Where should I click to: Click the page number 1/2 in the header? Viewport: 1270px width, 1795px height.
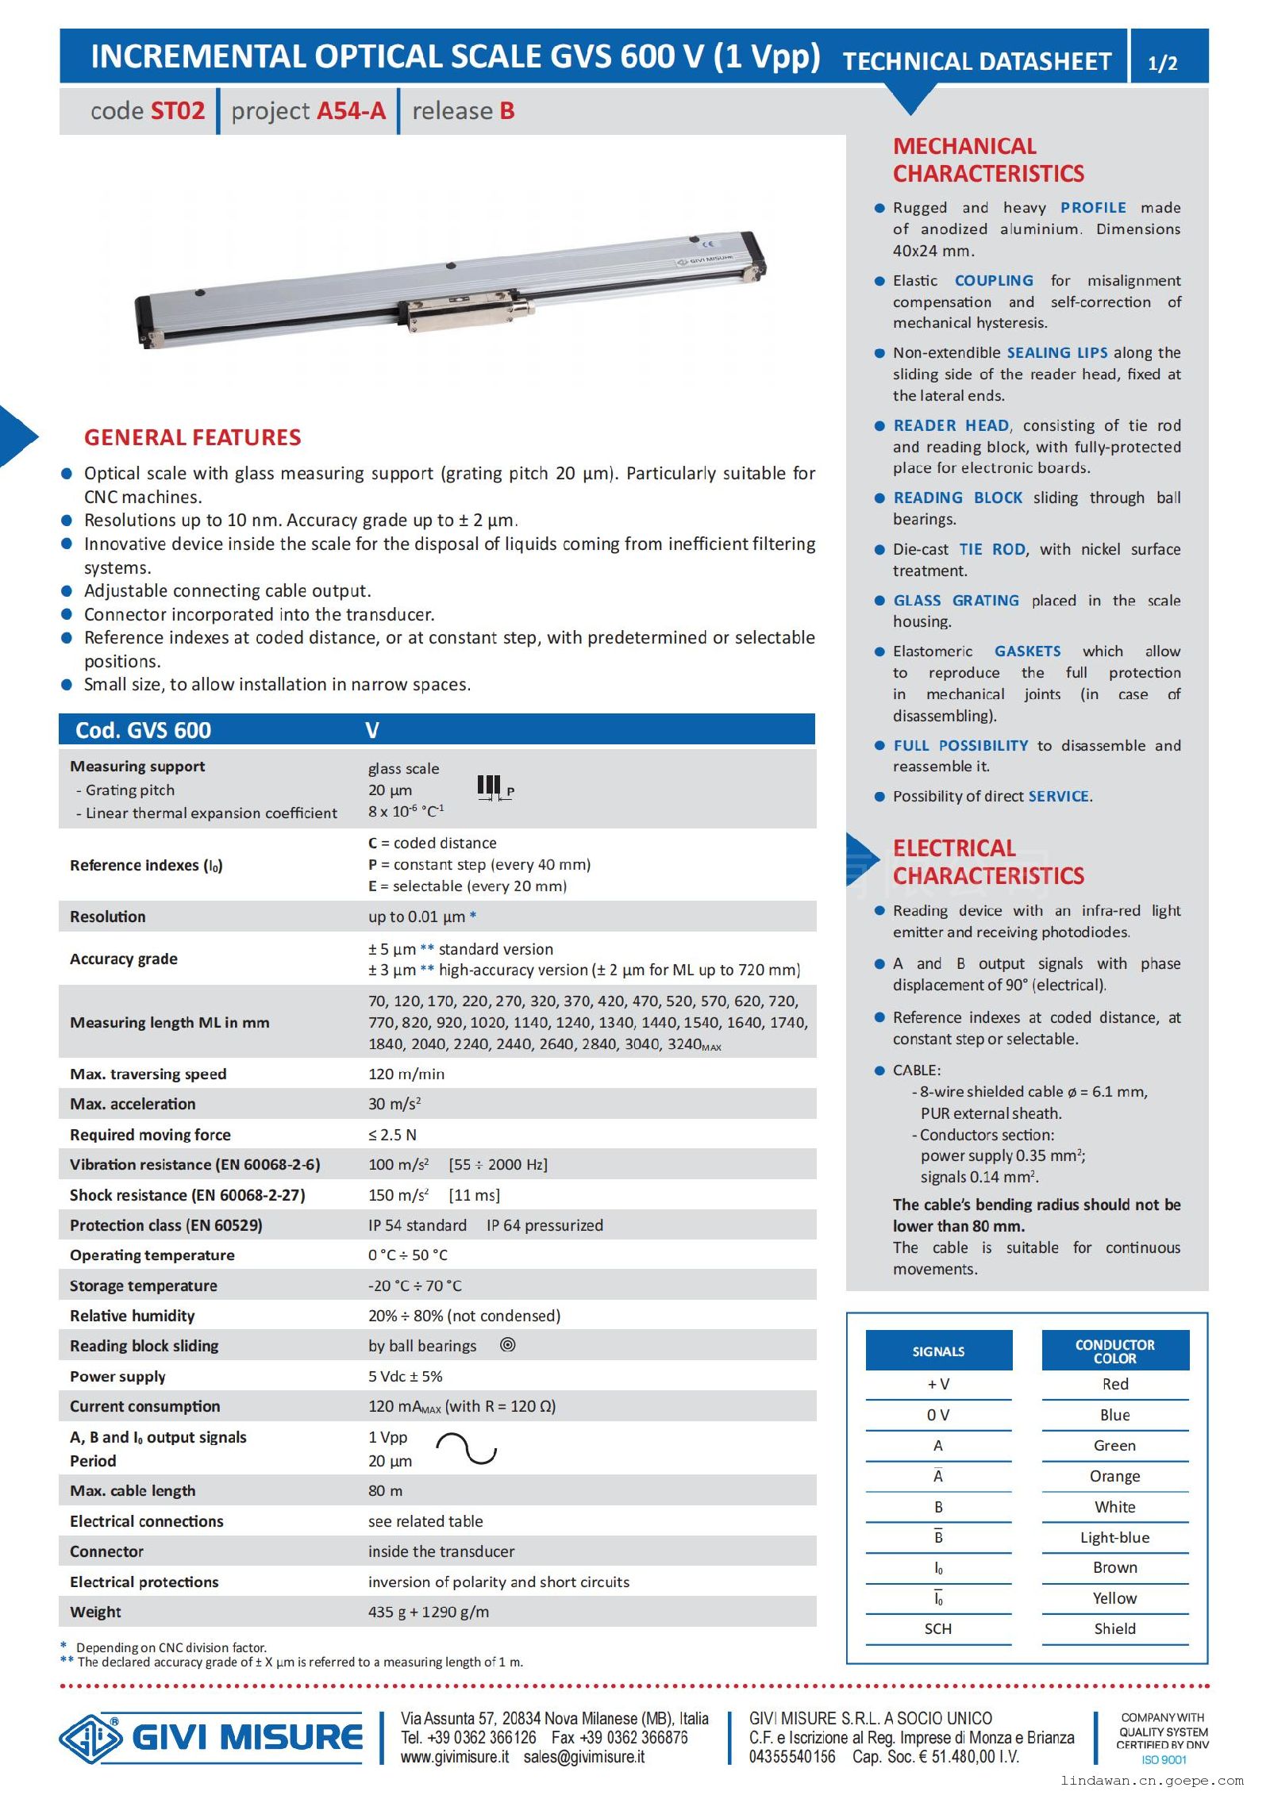coord(1162,63)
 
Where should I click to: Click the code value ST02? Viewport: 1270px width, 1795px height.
coord(178,111)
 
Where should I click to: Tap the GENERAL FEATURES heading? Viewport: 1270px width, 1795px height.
coord(192,437)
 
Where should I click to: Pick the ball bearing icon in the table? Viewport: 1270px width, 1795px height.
coord(508,1345)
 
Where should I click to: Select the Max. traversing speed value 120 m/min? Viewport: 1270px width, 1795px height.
coord(406,1074)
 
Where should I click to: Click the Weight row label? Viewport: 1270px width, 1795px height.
coord(95,1612)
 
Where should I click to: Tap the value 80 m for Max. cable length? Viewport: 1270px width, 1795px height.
coord(385,1491)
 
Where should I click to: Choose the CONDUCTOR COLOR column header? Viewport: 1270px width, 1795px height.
coord(1114,1351)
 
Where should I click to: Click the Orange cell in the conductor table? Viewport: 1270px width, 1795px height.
coord(1114,1476)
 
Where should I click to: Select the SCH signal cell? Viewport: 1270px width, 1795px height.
coord(937,1629)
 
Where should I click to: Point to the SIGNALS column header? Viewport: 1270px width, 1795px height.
coord(938,1351)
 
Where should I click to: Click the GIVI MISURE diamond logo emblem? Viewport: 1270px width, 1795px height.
coord(90,1738)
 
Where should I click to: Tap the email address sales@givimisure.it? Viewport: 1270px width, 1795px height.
coord(583,1757)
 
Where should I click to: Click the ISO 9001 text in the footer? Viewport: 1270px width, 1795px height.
coord(1163,1760)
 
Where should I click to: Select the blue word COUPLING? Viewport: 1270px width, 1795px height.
coord(994,280)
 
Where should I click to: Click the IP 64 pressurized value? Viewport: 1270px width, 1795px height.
coord(545,1225)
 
